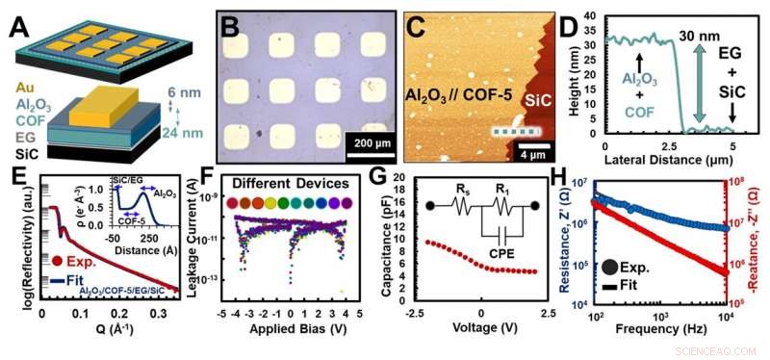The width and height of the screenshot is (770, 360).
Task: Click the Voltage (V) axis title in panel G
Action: [480, 339]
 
